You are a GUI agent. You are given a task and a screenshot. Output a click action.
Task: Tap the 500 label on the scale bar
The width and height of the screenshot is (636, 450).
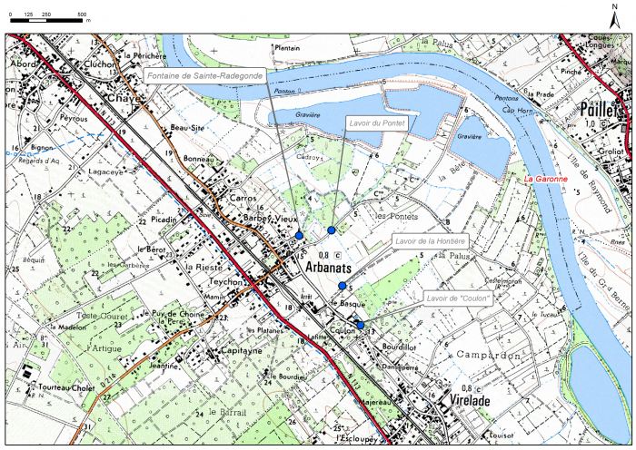(82, 16)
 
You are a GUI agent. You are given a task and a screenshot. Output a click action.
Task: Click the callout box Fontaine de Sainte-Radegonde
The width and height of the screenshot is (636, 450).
(204, 76)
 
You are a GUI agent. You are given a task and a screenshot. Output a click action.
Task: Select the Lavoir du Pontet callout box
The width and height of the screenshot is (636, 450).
(377, 121)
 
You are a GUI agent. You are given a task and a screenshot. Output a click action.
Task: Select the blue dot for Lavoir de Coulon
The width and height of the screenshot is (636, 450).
(360, 325)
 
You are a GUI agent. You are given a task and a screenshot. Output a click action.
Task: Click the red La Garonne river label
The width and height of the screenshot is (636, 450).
(546, 179)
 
